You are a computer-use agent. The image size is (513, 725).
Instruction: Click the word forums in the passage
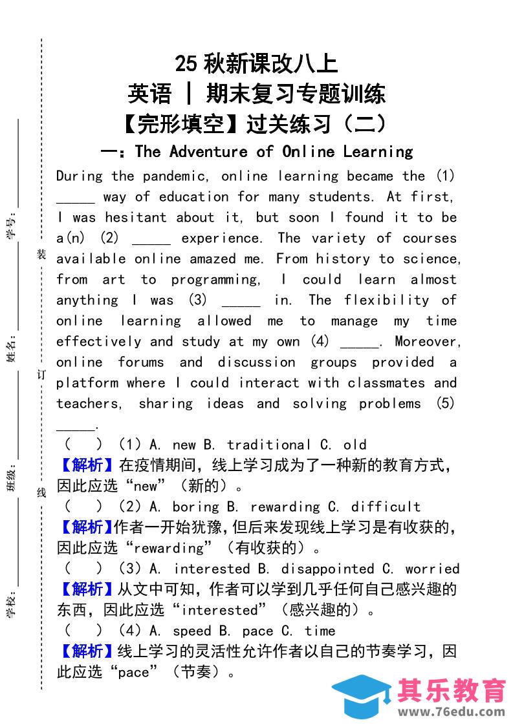pyautogui.click(x=140, y=362)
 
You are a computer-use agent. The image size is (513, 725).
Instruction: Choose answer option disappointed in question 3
pyautogui.click(x=327, y=569)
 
